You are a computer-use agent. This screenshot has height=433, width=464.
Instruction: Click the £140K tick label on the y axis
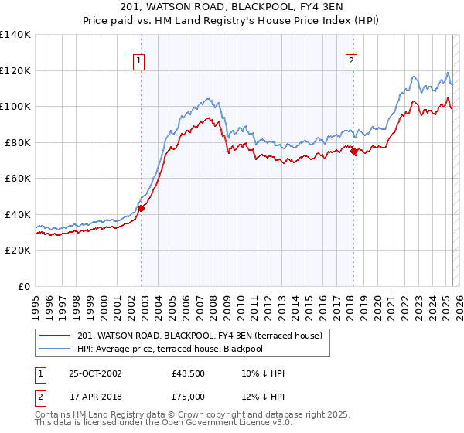click(x=15, y=35)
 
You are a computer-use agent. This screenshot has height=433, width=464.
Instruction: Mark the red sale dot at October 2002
click(x=142, y=208)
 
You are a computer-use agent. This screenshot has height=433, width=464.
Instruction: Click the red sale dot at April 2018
click(x=353, y=152)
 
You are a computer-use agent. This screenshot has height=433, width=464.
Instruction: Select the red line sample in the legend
click(x=55, y=336)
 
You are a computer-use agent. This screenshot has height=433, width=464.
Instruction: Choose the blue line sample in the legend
click(x=55, y=349)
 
